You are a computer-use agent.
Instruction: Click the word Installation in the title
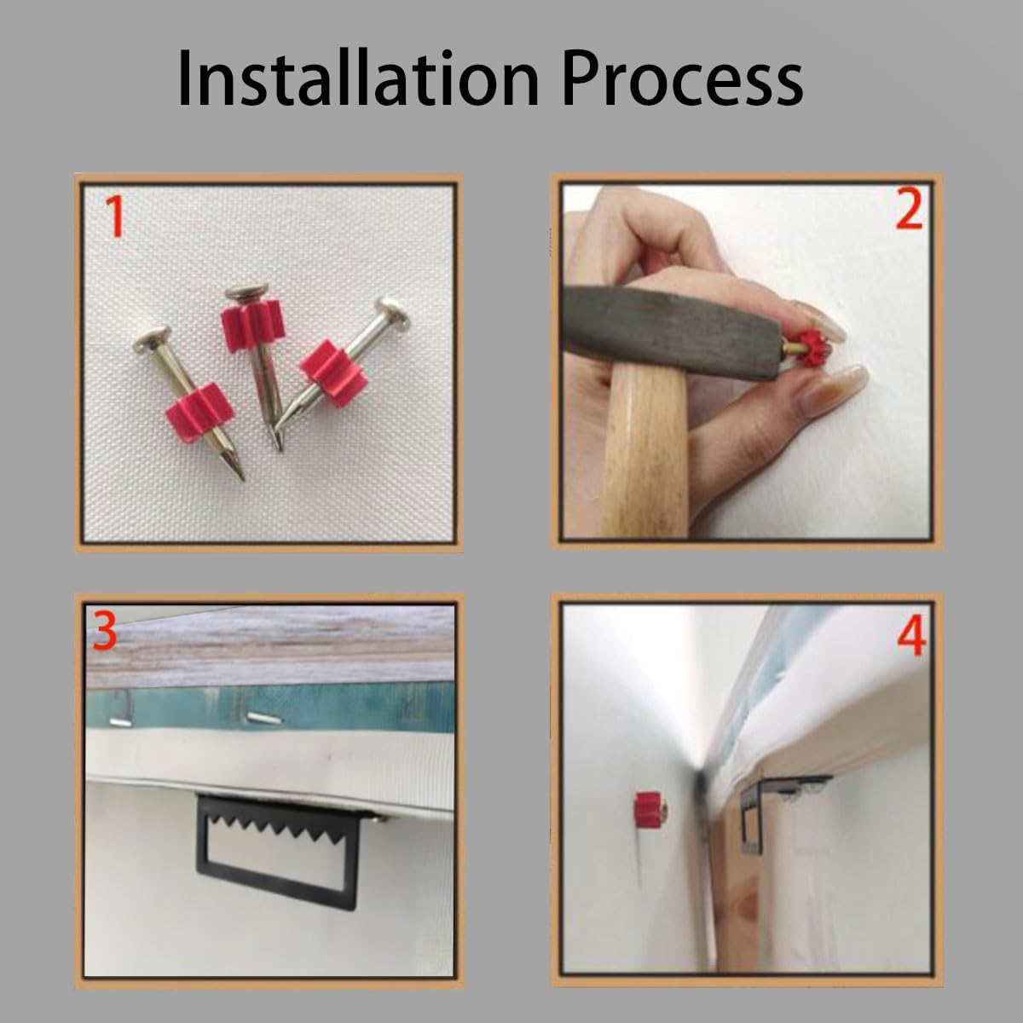point(358,78)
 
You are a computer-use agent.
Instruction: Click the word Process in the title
point(682,78)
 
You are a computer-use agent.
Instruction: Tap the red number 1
point(116,216)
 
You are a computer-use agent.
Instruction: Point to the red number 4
point(911,639)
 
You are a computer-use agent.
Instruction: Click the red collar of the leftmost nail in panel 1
point(200,413)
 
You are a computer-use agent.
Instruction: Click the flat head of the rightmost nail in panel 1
point(393,312)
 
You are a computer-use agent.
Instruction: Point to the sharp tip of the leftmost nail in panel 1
point(242,477)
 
